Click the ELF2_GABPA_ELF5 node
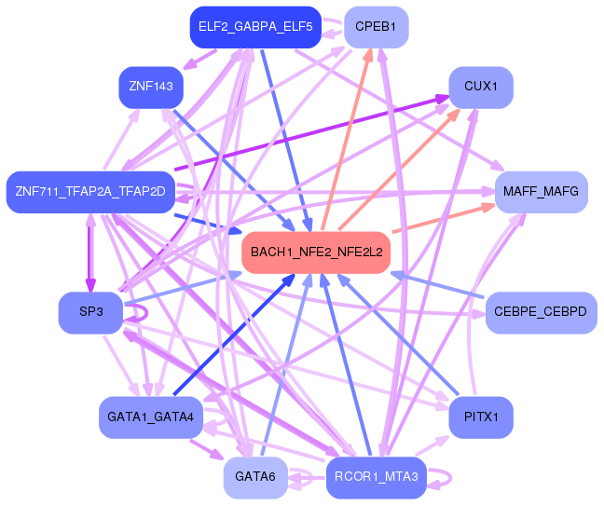tap(255, 27)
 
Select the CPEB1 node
tap(376, 27)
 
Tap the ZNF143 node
tap(151, 87)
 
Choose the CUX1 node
tap(481, 87)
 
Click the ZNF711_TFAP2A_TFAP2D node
tap(90, 192)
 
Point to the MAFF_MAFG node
tap(541, 192)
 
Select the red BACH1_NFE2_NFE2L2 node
tap(316, 252)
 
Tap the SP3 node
tap(91, 312)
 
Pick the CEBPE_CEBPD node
tap(541, 312)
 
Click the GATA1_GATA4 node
tap(151, 417)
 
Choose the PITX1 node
tap(481, 417)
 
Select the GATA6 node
tap(255, 477)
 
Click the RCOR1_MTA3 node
tap(376, 477)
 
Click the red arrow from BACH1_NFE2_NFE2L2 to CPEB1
tap(346, 140)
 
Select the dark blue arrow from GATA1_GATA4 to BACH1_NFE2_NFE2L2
tap(234, 334)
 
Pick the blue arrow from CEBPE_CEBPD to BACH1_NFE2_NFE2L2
tap(437, 285)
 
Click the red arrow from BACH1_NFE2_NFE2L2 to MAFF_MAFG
tap(444, 218)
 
